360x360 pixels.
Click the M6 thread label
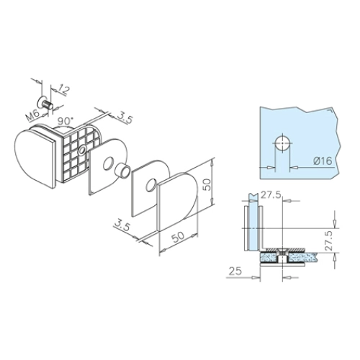coord(32,116)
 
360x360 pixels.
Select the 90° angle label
coord(65,121)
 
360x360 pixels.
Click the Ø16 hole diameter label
coord(323,161)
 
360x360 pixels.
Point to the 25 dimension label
coord(235,271)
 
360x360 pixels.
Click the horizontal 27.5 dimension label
coord(271,196)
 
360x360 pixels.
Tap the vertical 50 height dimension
coord(208,184)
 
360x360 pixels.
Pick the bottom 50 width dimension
coord(178,237)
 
